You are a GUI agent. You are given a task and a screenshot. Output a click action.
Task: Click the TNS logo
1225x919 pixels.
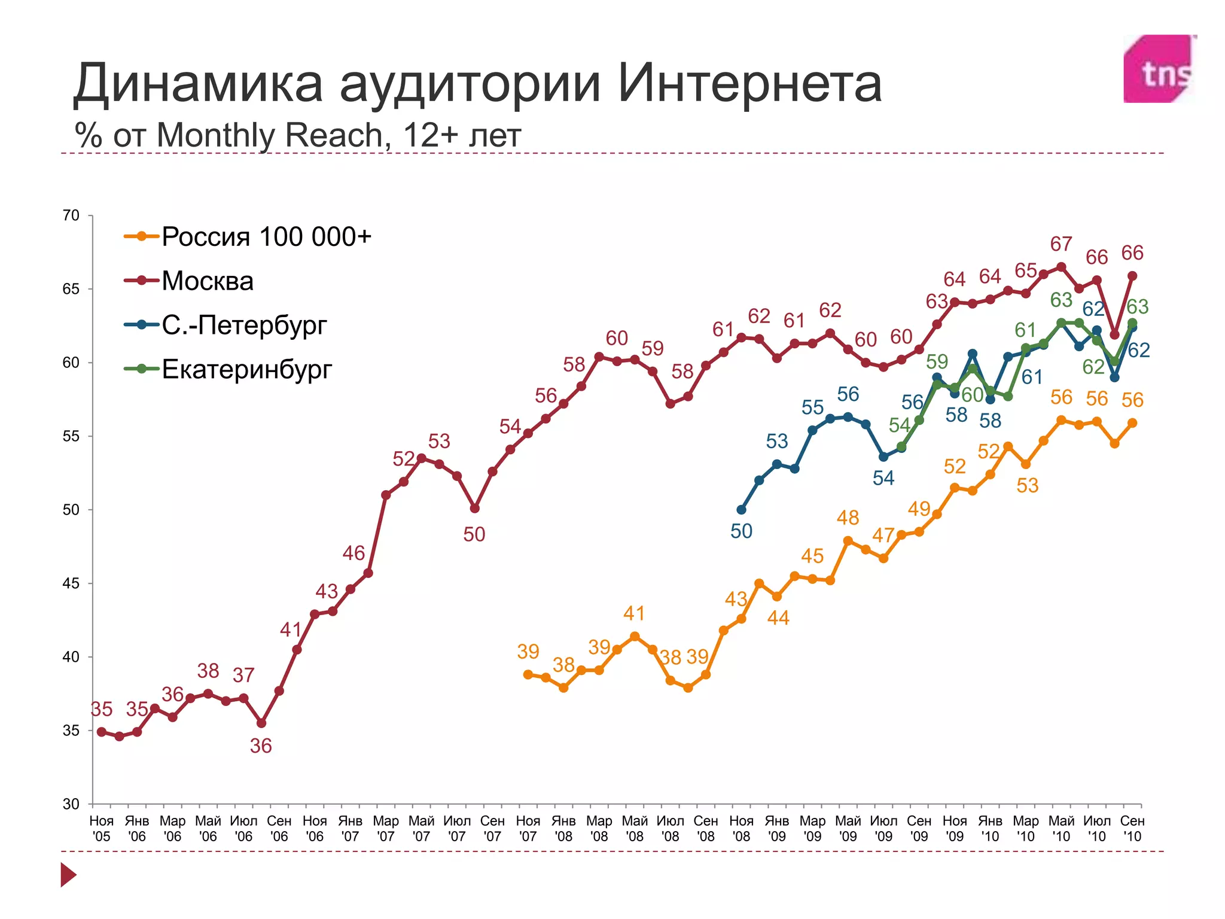(x=1159, y=69)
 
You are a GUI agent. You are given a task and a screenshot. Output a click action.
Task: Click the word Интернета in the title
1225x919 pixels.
(x=749, y=83)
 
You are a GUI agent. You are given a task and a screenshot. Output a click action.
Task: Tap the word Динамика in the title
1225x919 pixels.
(x=198, y=83)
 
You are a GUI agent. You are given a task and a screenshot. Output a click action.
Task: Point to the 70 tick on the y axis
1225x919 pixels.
(x=71, y=215)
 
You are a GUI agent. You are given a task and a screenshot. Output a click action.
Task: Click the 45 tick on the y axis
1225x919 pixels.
(x=71, y=583)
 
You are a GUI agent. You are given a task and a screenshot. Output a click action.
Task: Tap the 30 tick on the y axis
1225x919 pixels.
(x=71, y=804)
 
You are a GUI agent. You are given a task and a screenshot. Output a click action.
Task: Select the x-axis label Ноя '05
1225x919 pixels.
(x=102, y=828)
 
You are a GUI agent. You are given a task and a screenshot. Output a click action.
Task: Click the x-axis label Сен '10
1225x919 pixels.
(x=1132, y=828)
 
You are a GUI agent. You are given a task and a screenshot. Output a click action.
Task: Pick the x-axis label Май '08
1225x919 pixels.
(x=635, y=828)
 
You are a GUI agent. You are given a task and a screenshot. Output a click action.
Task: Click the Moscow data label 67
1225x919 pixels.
(x=1061, y=244)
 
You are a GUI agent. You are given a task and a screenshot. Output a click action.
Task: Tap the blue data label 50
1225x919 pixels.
(x=741, y=531)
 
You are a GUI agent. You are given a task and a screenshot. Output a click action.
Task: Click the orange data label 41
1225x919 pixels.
(x=634, y=613)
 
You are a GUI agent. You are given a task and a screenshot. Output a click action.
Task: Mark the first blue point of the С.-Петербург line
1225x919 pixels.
(x=741, y=510)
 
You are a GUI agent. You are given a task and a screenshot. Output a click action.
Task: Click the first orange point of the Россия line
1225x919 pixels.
(x=528, y=674)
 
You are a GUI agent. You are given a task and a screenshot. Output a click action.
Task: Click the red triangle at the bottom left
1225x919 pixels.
(x=68, y=875)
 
